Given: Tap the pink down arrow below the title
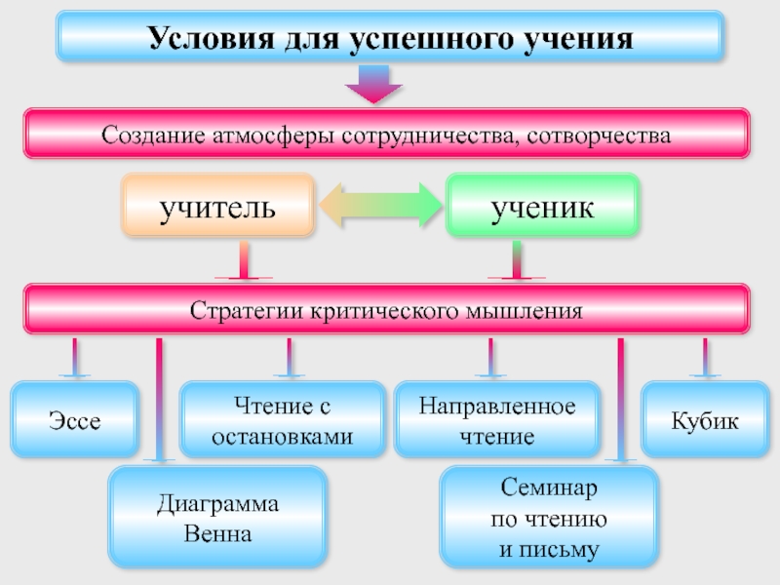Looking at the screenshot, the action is click(x=374, y=84).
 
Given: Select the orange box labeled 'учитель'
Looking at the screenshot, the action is click(x=218, y=206).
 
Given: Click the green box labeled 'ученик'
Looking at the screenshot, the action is click(x=542, y=206).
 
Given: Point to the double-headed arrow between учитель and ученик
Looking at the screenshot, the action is click(x=380, y=207).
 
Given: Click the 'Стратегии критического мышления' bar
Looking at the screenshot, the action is click(x=386, y=310).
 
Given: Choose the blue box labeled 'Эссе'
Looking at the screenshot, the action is click(x=74, y=421).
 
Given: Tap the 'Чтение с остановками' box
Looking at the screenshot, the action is click(x=283, y=420).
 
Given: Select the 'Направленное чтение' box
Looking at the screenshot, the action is click(x=497, y=420).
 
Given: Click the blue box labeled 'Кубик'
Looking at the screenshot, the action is click(x=704, y=421).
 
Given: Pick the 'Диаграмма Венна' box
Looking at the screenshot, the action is click(x=216, y=518).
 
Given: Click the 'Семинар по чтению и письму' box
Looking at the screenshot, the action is click(x=547, y=518).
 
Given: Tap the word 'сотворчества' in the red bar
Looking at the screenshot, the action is click(x=598, y=134).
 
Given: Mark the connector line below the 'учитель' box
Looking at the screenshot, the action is click(x=243, y=261).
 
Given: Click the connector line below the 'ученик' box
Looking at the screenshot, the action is click(x=517, y=261).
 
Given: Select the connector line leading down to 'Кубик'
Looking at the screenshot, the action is click(x=704, y=358).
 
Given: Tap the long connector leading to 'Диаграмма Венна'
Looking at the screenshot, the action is click(x=159, y=400).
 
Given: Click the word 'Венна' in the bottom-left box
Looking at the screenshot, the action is click(x=218, y=534).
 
